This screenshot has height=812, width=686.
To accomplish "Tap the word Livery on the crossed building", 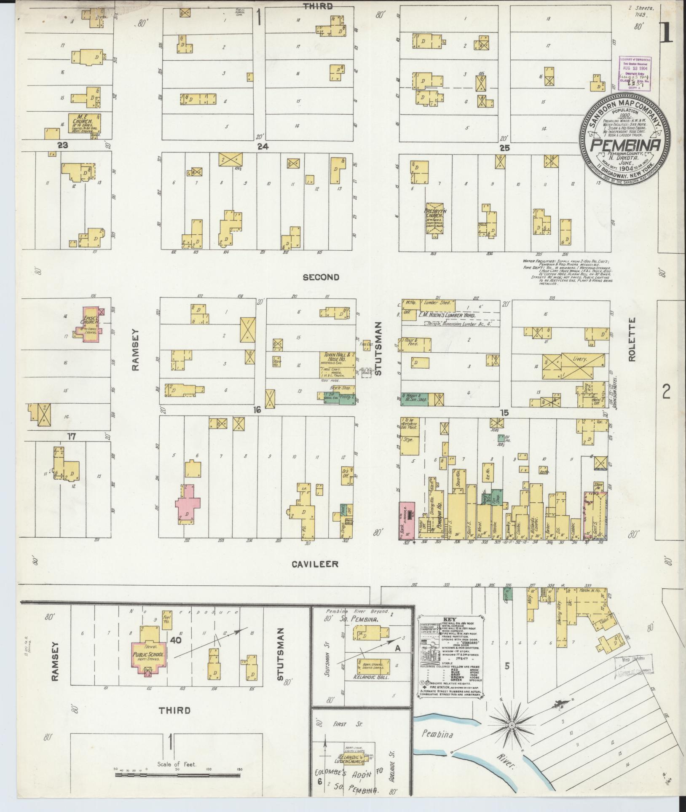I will [x=582, y=359].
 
